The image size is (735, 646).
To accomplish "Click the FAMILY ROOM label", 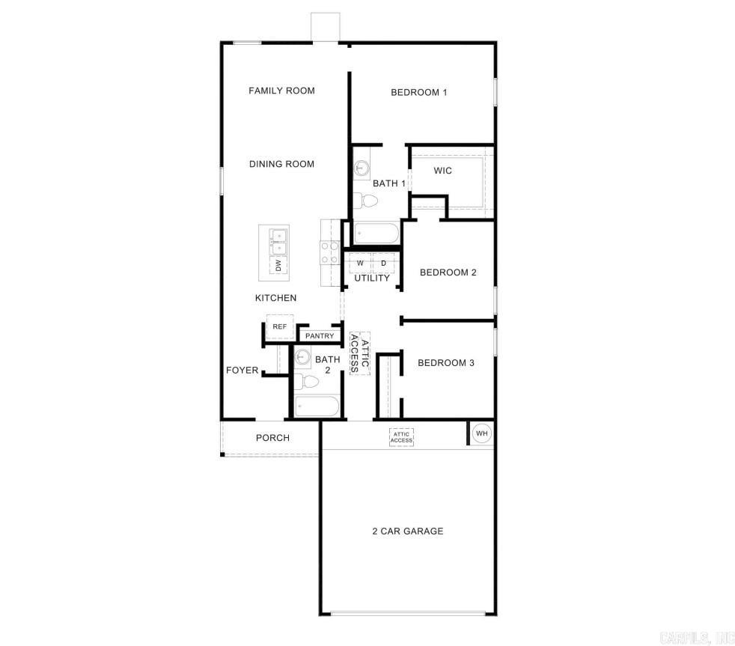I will point(281,91).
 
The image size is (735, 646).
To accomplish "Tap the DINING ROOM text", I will point(281,164).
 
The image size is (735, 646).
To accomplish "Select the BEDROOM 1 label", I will point(418,93).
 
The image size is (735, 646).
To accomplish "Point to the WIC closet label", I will point(442,171).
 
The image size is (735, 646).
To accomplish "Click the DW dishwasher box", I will point(278,265).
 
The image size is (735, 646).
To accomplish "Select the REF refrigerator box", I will point(279,326).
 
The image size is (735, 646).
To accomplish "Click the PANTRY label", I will point(320,336).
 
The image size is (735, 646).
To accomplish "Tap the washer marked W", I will point(360,263).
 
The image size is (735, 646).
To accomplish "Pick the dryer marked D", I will point(383,263).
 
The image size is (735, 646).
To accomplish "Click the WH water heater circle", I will point(481,433).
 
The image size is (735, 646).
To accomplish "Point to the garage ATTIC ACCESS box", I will point(401,437).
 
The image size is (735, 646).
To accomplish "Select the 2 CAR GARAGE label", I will point(407,531).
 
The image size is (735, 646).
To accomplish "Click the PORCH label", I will point(272,438).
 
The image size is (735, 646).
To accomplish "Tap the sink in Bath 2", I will point(303,357).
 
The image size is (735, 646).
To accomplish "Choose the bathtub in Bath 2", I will point(317,406).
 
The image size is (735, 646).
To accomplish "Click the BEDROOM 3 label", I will point(446,363).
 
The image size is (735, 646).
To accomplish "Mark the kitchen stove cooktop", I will point(330,252).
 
